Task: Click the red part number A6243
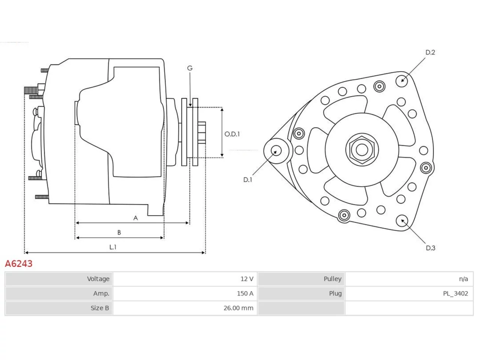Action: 19,264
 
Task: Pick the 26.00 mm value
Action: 238,308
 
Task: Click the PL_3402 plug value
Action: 456,294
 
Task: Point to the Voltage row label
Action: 98,279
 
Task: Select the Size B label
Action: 100,308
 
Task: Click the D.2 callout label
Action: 430,52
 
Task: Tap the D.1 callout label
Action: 248,180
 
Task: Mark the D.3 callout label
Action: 430,248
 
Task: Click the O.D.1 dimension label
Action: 232,134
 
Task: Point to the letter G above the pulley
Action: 190,68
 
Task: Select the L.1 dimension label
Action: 113,247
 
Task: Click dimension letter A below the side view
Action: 136,218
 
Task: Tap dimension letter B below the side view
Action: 119,232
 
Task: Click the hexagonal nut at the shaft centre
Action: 362,150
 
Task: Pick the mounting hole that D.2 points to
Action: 402,81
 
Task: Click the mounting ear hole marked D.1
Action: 276,151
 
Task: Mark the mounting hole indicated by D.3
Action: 402,221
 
